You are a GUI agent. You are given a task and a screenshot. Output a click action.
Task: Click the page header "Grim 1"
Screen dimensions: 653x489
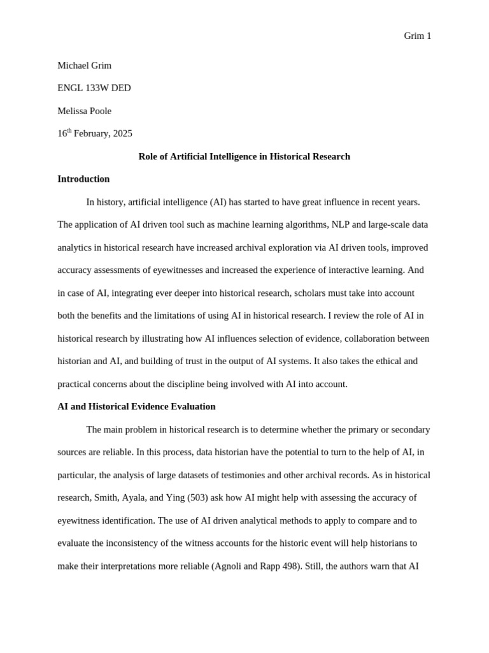click(417, 36)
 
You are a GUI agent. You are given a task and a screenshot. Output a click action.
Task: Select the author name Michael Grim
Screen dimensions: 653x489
click(84, 66)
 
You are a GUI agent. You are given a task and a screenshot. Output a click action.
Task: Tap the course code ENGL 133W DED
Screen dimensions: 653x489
click(94, 88)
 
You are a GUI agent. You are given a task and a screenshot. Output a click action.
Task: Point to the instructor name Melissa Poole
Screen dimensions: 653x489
click(84, 111)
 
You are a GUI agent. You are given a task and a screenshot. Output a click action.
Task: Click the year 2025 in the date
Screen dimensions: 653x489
click(122, 134)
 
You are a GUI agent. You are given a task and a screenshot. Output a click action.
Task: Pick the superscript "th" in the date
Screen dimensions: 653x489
click(69, 131)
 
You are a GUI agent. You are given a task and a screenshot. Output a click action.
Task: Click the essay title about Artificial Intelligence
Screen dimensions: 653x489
click(244, 156)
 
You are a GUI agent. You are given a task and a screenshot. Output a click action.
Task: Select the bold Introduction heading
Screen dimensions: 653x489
click(83, 179)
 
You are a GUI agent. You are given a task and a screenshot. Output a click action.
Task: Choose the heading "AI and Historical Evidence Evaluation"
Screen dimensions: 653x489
click(136, 407)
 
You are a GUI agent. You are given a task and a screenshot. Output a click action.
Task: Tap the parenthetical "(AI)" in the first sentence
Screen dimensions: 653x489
click(217, 202)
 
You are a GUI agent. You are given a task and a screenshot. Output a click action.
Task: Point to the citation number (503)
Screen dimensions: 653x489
click(198, 498)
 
